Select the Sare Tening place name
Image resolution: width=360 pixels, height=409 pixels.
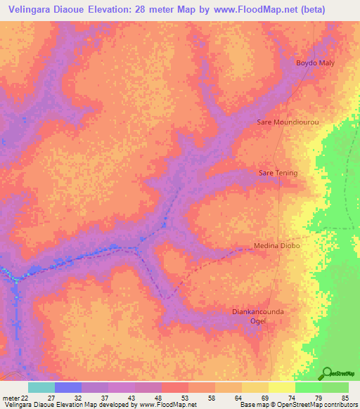[278, 173]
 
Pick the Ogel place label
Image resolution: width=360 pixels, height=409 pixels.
[257, 320]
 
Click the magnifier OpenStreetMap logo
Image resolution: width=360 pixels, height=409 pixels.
[328, 374]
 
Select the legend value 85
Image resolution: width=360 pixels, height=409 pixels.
[345, 398]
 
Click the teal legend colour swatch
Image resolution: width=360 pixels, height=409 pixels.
[41, 387]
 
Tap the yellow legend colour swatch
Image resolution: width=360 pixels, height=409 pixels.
[281, 387]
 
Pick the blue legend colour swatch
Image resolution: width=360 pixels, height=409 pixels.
[68, 387]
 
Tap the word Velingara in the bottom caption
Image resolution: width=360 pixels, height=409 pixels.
[19, 405]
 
